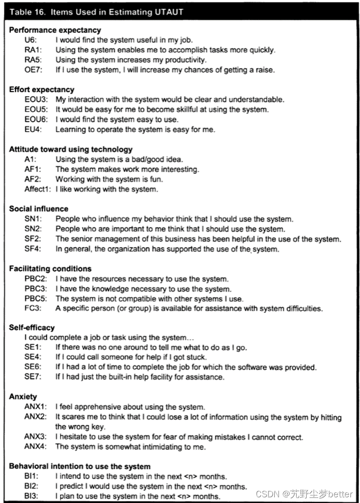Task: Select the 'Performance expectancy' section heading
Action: click(x=55, y=30)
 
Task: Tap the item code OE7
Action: click(x=33, y=70)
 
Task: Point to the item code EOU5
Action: click(x=36, y=109)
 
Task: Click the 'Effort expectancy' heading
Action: click(x=41, y=89)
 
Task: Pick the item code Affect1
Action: click(x=38, y=189)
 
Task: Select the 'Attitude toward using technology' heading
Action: click(x=70, y=149)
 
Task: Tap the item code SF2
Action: click(x=33, y=239)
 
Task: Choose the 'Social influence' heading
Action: click(x=39, y=209)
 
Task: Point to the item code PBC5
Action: click(x=36, y=298)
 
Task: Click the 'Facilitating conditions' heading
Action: click(x=50, y=269)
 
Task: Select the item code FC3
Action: click(x=33, y=308)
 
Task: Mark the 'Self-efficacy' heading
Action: click(x=32, y=328)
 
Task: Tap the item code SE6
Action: click(x=33, y=367)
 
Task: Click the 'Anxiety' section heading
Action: click(x=23, y=397)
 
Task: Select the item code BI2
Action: click(x=31, y=486)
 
